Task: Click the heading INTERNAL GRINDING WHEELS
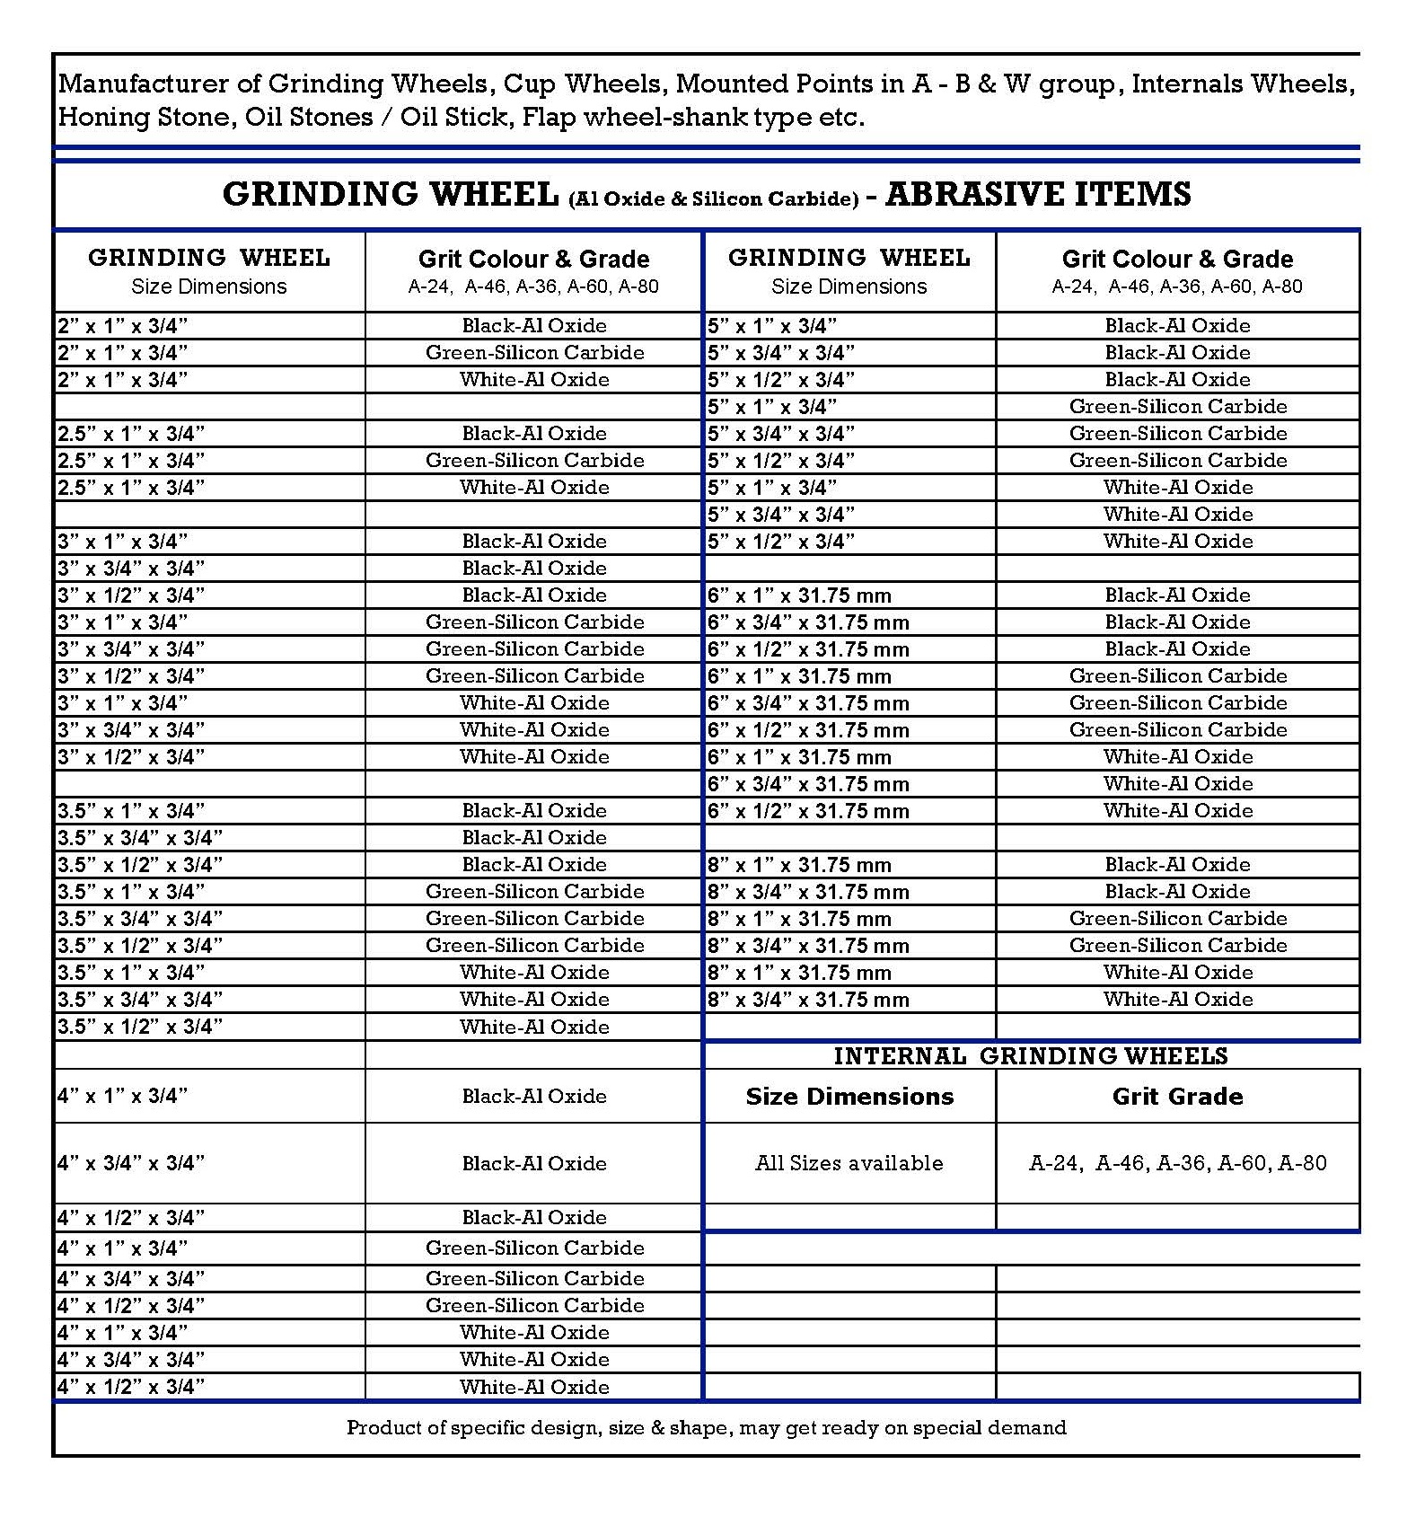pyautogui.click(x=1030, y=1055)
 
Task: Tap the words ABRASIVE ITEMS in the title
pyautogui.click(x=1038, y=194)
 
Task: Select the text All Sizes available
pyautogui.click(x=849, y=1163)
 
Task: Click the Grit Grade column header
pyautogui.click(x=1177, y=1096)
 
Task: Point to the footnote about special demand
pyautogui.click(x=707, y=1427)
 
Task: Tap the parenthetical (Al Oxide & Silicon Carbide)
pyautogui.click(x=713, y=198)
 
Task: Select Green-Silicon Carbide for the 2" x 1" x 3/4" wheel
pyautogui.click(x=534, y=352)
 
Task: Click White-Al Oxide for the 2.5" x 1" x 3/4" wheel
pyautogui.click(x=534, y=487)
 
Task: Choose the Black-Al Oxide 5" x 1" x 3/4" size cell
pyautogui.click(x=772, y=325)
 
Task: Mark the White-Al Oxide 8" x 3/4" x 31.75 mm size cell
pyautogui.click(x=808, y=1000)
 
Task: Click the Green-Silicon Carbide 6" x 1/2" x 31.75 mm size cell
pyautogui.click(x=808, y=730)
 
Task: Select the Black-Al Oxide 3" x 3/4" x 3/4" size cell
pyautogui.click(x=131, y=568)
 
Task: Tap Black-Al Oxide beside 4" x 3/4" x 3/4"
pyautogui.click(x=534, y=1163)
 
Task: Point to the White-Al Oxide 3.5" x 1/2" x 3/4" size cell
pyautogui.click(x=140, y=1027)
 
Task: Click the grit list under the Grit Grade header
pyautogui.click(x=1177, y=1163)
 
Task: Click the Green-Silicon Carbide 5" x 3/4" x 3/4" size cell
pyautogui.click(x=781, y=433)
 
